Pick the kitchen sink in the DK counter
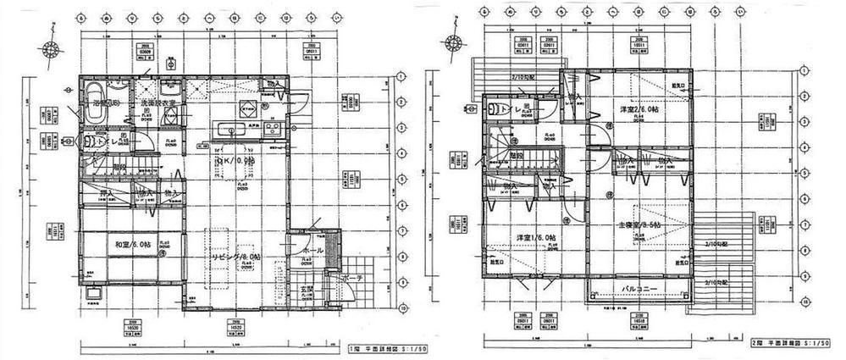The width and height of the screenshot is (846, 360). [x=229, y=130]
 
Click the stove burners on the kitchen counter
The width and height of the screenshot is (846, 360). [x=273, y=129]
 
